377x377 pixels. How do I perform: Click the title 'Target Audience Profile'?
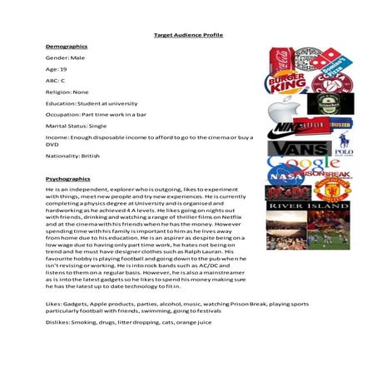(x=188, y=35)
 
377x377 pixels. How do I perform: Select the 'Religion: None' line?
(x=67, y=93)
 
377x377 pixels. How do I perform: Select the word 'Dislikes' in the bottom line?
(x=57, y=344)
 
